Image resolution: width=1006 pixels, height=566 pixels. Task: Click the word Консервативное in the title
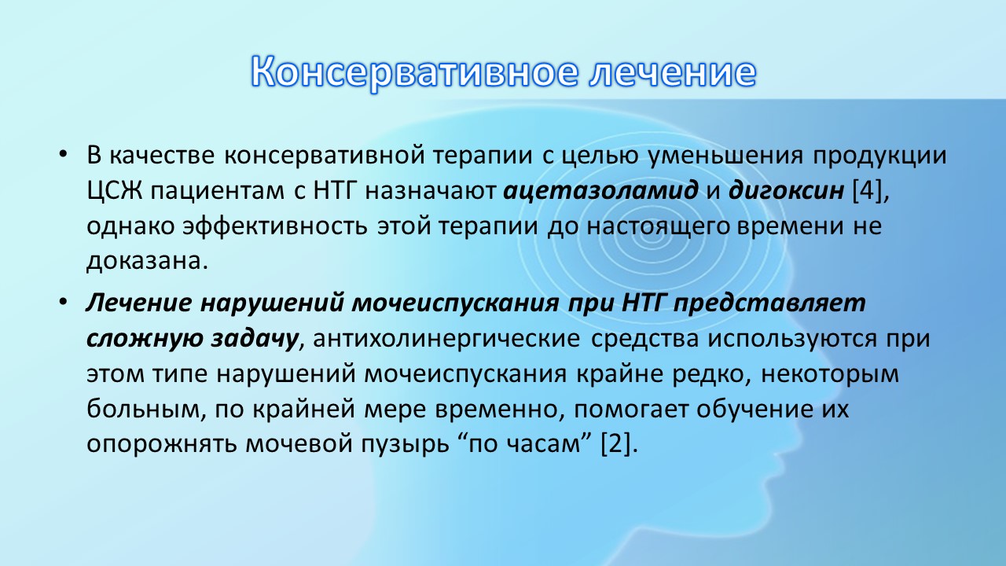(x=413, y=72)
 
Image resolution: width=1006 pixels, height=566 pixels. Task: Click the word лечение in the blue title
(x=672, y=72)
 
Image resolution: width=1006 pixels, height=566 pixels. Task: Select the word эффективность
(x=274, y=226)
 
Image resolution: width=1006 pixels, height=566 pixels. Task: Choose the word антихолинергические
(x=446, y=339)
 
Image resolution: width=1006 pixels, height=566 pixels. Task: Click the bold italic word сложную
(x=144, y=338)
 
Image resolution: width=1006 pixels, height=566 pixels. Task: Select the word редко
(x=711, y=373)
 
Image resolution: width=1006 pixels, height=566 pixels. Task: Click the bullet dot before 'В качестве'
(x=62, y=155)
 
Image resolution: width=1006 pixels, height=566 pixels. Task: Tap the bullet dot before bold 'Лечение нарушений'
(x=62, y=303)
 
